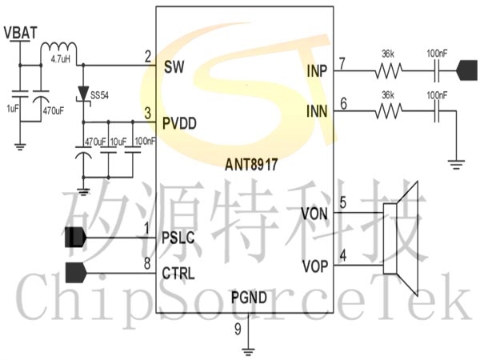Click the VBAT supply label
coord(21,33)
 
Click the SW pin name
coord(174,66)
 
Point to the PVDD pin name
coord(179,123)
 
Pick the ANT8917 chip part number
coord(251,164)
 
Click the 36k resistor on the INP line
coord(389,71)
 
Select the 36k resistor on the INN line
coord(389,111)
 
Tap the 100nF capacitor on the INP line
coord(437,71)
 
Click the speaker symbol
coord(401,238)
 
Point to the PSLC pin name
coord(178,238)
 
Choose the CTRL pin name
coord(178,273)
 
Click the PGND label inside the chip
coord(249,298)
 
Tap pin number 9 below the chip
coord(238,329)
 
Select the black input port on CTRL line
coord(76,273)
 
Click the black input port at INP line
coord(467,70)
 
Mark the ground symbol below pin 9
coord(248,352)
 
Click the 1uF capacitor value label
coord(12,108)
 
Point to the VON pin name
coord(314,214)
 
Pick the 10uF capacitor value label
coord(118,142)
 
